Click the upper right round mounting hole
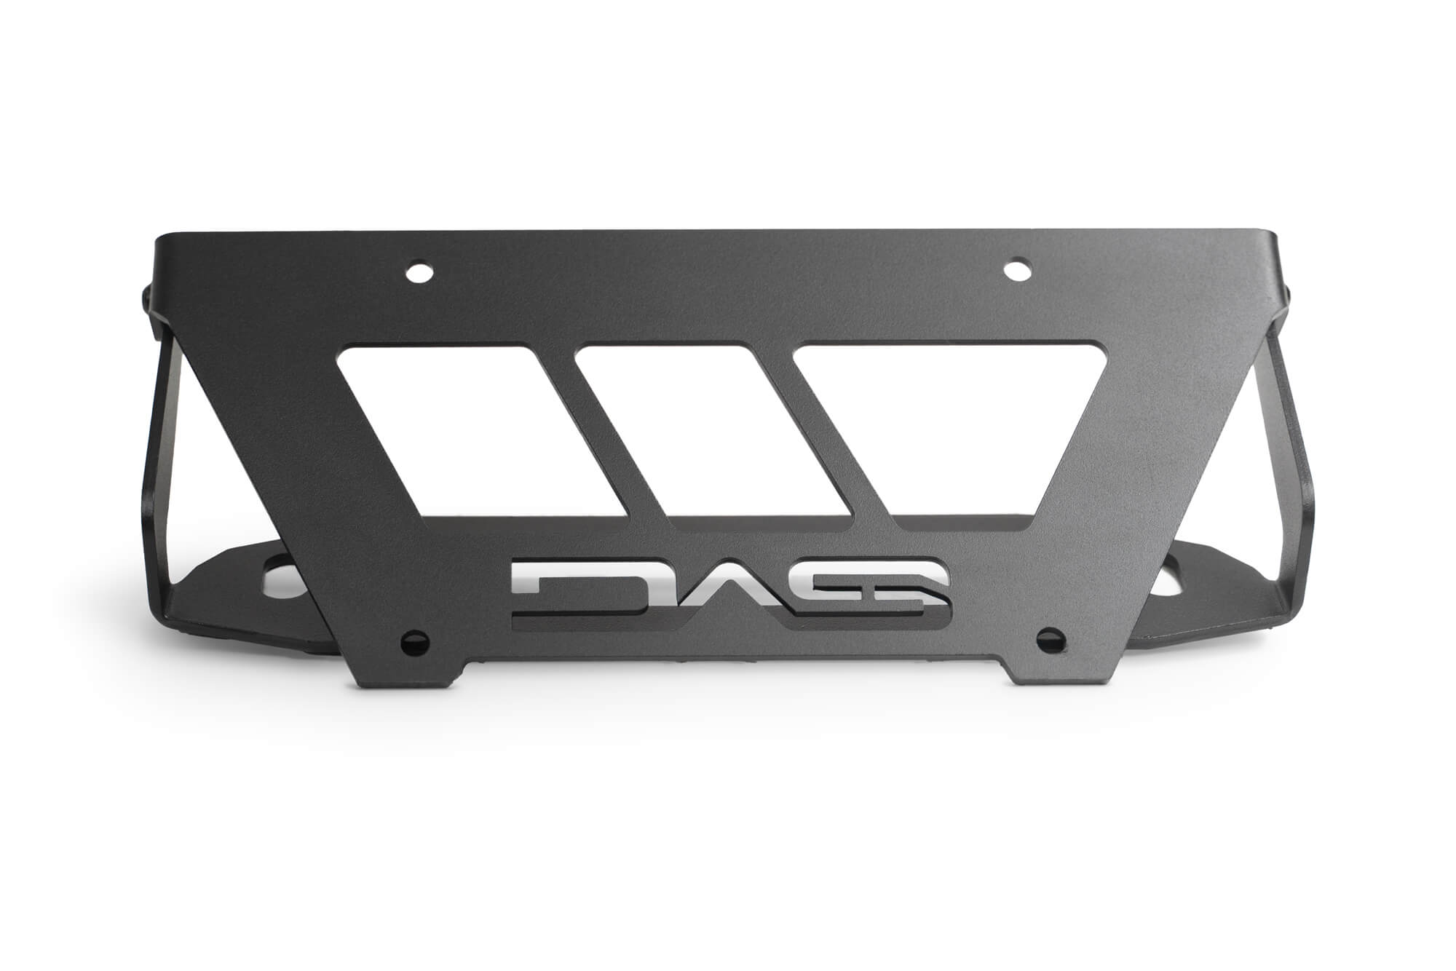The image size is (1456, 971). [x=1014, y=270]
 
